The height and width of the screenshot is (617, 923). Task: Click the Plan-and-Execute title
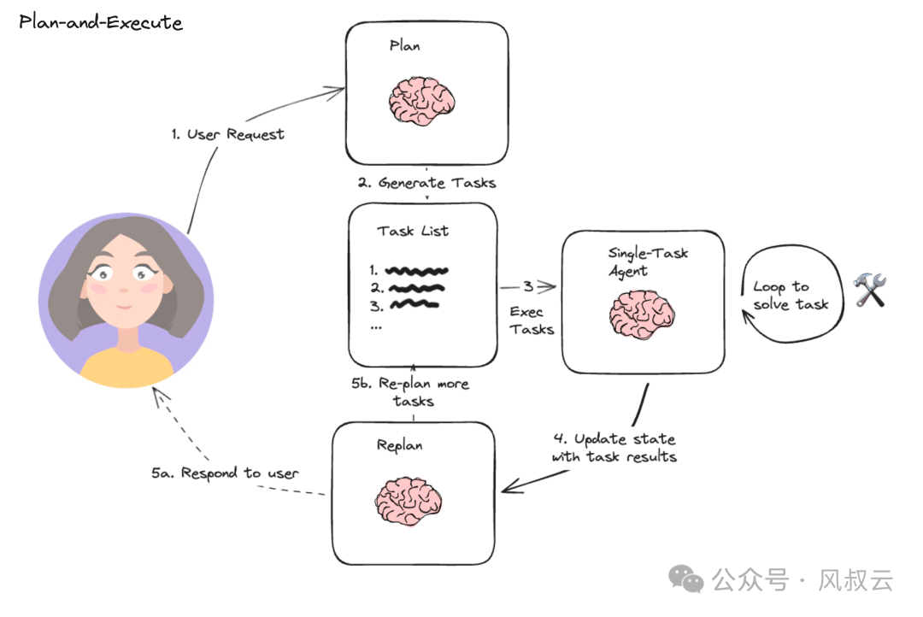pyautogui.click(x=101, y=22)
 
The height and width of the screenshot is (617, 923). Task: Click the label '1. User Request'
pyautogui.click(x=226, y=134)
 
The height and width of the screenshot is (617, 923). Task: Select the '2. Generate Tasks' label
pyautogui.click(x=426, y=182)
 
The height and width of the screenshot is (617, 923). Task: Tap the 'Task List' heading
pyautogui.click(x=413, y=231)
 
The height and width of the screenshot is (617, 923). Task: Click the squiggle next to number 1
pyautogui.click(x=417, y=271)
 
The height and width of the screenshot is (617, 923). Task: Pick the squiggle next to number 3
pyautogui.click(x=413, y=303)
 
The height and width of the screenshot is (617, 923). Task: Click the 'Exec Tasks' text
pyautogui.click(x=532, y=320)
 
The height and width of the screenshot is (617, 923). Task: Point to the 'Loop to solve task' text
pyautogui.click(x=790, y=296)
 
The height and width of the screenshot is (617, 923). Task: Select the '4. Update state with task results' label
pyautogui.click(x=614, y=448)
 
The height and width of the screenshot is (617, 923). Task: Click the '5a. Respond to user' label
pyautogui.click(x=226, y=473)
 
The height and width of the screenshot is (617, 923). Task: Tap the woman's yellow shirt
pyautogui.click(x=126, y=363)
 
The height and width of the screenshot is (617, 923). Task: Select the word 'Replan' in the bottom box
pyautogui.click(x=399, y=445)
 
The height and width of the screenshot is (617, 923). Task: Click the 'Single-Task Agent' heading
pyautogui.click(x=647, y=261)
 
